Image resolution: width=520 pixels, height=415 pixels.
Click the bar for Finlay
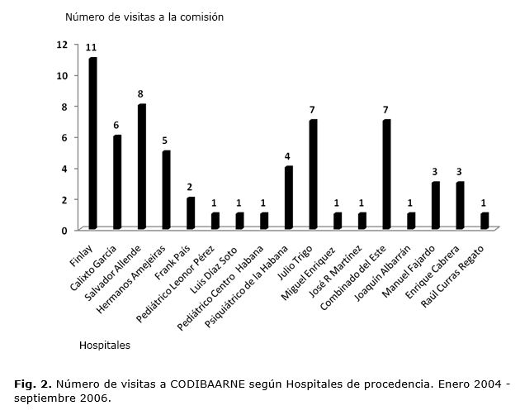coord(92,143)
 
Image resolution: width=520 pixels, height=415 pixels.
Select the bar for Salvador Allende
coord(141,166)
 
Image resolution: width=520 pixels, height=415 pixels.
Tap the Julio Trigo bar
coord(313,174)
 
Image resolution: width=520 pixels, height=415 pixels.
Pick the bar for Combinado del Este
coord(386,174)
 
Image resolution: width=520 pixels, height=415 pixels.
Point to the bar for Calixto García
coord(117,182)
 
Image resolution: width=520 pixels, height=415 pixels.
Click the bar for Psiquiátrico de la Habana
coord(288,198)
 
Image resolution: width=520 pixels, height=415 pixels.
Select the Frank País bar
coord(191,212)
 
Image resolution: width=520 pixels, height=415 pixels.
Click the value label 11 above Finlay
coord(92,48)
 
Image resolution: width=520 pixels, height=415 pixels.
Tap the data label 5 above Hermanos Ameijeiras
coord(165,141)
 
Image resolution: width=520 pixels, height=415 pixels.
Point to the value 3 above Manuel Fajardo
coord(434,171)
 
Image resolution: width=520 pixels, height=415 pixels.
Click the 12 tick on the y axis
coord(62,44)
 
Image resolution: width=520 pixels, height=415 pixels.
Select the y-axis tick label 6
coord(64,137)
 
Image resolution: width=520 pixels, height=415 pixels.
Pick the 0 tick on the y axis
coord(64,230)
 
